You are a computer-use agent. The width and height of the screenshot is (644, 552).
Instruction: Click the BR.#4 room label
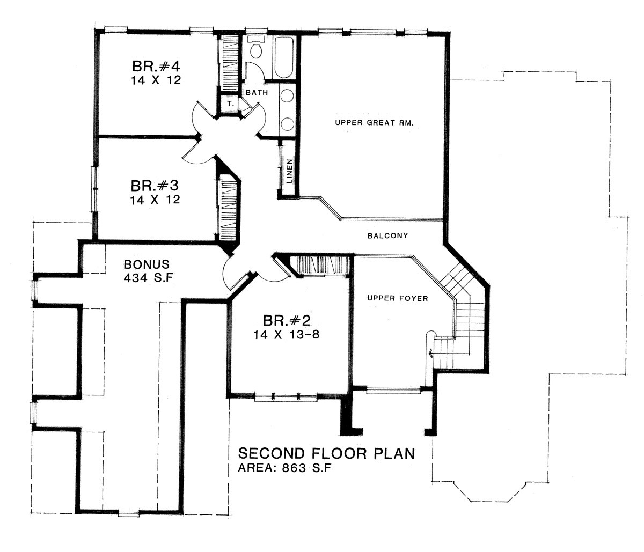156,67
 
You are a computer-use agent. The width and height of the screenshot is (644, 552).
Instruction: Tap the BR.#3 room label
155,186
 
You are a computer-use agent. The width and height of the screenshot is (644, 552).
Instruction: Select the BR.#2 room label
287,321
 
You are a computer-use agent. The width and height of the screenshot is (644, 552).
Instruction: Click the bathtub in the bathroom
283,57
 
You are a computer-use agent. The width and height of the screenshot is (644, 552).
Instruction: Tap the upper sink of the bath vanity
287,96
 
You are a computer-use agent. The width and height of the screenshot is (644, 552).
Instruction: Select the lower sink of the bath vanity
287,124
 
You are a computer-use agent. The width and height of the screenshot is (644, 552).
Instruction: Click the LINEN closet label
289,171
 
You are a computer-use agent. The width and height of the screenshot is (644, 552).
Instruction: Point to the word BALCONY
388,235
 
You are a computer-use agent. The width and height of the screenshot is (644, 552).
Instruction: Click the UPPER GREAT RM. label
375,123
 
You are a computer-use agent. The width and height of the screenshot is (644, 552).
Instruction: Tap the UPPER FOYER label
398,298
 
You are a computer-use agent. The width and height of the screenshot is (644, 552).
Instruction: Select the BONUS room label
147,264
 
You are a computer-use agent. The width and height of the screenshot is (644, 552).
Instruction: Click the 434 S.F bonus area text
148,277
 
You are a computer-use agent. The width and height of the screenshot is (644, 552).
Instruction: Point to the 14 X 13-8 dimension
287,335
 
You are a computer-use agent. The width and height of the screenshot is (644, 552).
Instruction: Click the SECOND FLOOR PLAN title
326,453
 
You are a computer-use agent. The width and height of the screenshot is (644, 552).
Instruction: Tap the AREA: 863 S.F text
284,468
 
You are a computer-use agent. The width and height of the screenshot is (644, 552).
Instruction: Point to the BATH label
257,92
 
